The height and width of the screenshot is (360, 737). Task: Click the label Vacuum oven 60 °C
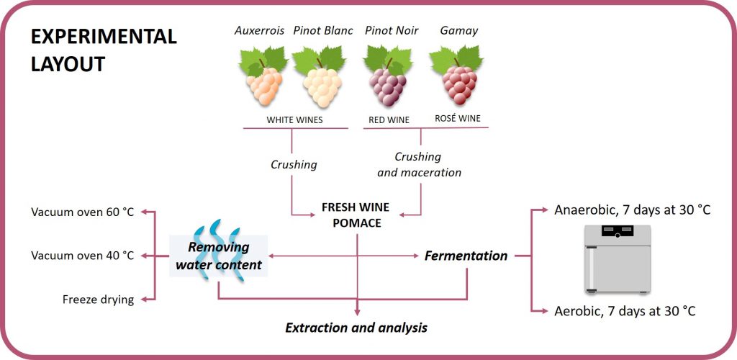pyautogui.click(x=83, y=212)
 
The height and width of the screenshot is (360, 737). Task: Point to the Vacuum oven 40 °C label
pyautogui.click(x=83, y=256)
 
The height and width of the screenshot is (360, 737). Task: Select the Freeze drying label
pyautogui.click(x=98, y=300)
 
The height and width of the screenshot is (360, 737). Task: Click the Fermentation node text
pyautogui.click(x=466, y=256)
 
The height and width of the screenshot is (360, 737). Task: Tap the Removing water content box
pyautogui.click(x=219, y=256)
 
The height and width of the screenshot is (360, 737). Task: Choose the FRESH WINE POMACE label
pyautogui.click(x=357, y=215)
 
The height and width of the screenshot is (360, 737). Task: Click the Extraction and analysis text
pyautogui.click(x=356, y=327)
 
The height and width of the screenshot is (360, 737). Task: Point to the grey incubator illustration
pyautogui.click(x=618, y=259)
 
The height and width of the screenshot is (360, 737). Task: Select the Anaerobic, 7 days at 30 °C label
pyautogui.click(x=632, y=210)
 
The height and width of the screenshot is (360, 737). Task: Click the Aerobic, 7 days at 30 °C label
pyautogui.click(x=625, y=311)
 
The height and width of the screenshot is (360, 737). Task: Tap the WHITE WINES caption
pyautogui.click(x=294, y=120)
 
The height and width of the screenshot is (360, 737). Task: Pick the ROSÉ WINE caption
pyautogui.click(x=458, y=118)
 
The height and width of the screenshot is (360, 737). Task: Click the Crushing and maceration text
pyautogui.click(x=420, y=164)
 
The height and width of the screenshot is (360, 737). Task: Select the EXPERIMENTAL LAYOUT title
pyautogui.click(x=104, y=50)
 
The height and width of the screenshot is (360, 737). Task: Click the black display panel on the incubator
pyautogui.click(x=618, y=230)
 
